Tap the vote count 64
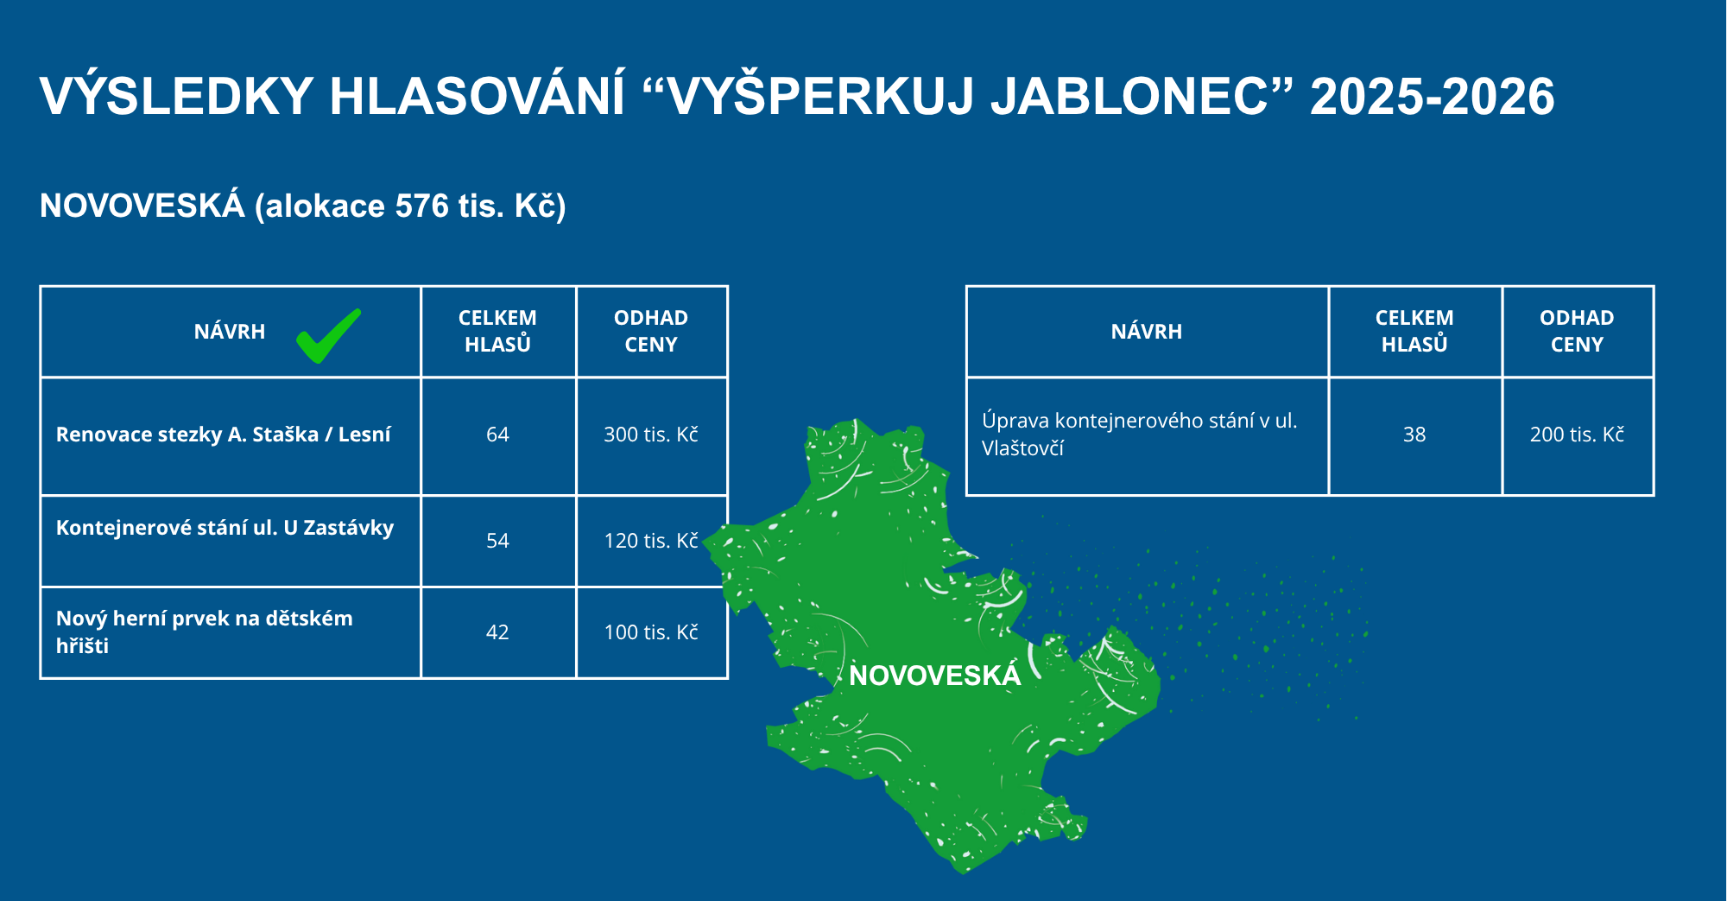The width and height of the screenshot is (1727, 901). pyautogui.click(x=497, y=435)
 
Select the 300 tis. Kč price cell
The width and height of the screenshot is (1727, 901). pyautogui.click(x=651, y=435)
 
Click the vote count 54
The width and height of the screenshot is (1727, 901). pyautogui.click(x=497, y=541)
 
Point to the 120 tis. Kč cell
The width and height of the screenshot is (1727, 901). pyautogui.click(x=651, y=541)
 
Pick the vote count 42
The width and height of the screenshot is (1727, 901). pyautogui.click(x=497, y=632)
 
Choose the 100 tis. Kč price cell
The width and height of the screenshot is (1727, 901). pyautogui.click(x=651, y=632)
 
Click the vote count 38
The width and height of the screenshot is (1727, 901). pyautogui.click(x=1414, y=435)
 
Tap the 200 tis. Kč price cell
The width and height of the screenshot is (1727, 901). pyautogui.click(x=1577, y=435)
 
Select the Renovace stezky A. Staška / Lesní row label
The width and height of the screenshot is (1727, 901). pyautogui.click(x=224, y=435)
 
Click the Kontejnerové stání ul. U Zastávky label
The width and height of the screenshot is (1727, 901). pyautogui.click(x=225, y=528)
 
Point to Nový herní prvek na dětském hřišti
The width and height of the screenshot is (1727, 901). pyautogui.click(x=205, y=632)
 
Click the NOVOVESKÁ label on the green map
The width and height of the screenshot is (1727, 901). pyautogui.click(x=935, y=676)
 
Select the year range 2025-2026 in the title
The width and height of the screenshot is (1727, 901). pyautogui.click(x=1433, y=96)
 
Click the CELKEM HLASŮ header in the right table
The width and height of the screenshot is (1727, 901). pyautogui.click(x=1414, y=331)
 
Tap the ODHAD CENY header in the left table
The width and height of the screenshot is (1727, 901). pyautogui.click(x=651, y=331)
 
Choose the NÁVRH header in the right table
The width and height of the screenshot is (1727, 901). pyautogui.click(x=1147, y=332)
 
